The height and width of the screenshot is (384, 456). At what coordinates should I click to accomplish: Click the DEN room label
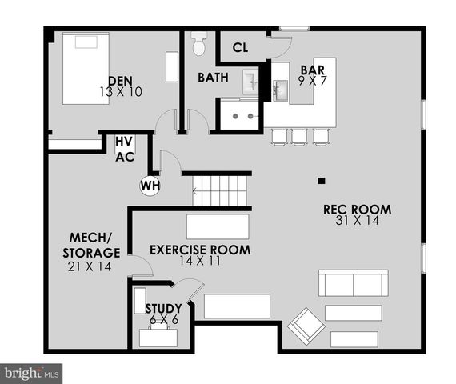[120, 81]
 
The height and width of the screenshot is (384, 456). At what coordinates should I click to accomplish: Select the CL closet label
[240, 47]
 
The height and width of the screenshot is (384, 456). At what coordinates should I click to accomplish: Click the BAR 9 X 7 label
[312, 74]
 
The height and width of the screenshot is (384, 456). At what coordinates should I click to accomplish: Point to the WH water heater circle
[150, 186]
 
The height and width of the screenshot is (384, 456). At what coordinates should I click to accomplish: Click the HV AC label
[124, 150]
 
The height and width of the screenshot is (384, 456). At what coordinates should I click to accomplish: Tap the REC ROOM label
[357, 210]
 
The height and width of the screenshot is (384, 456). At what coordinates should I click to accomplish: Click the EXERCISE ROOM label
[200, 250]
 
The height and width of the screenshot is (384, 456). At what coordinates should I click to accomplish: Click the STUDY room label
[163, 308]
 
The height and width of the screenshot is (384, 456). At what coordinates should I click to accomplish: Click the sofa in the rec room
[353, 284]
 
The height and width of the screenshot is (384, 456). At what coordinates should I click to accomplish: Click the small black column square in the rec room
[320, 179]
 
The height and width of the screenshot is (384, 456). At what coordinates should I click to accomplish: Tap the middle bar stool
[299, 137]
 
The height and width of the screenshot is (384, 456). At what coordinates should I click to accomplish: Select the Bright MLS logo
[32, 373]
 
